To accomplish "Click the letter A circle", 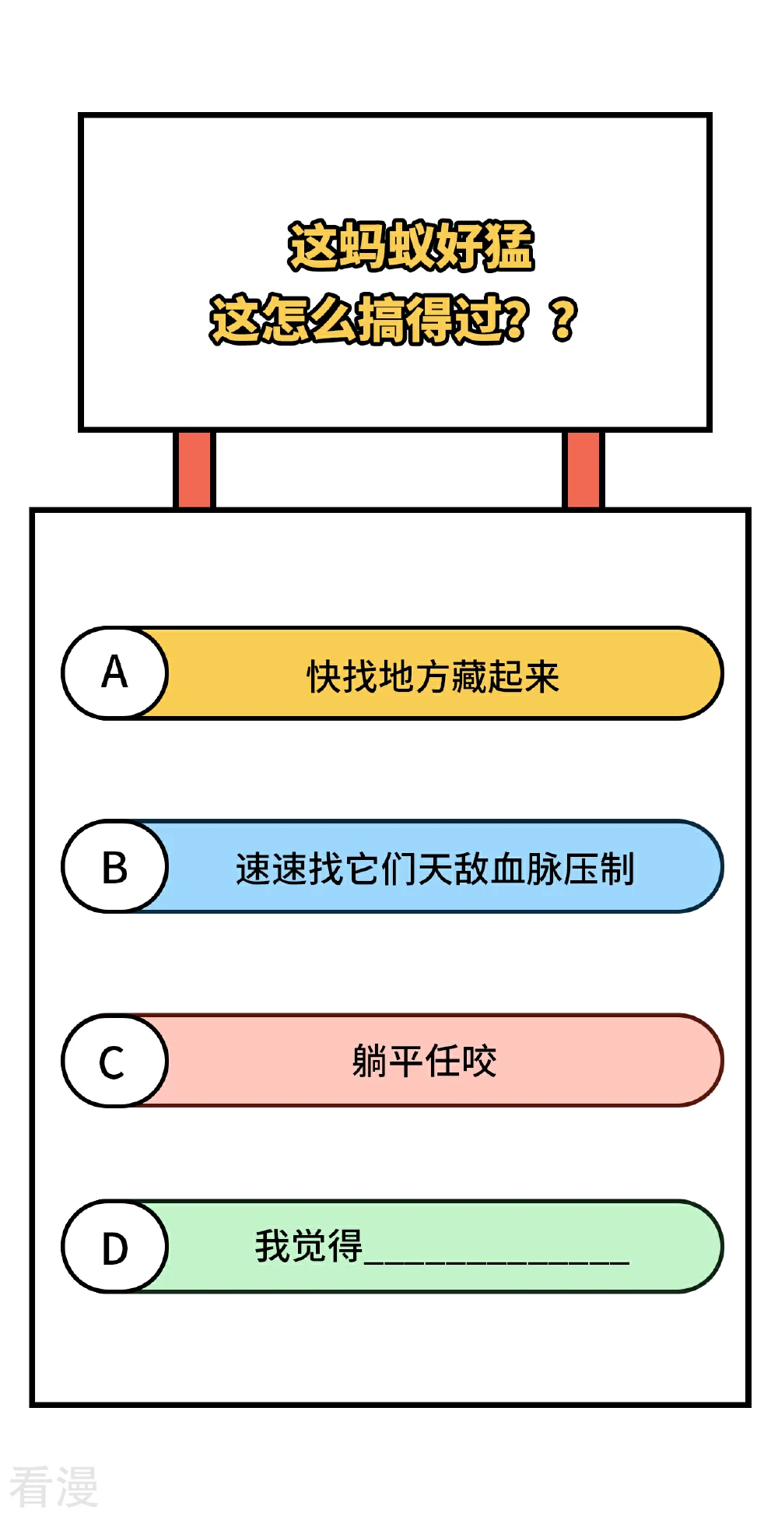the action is [115, 672].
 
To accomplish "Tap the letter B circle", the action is [115, 866].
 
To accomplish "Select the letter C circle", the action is [115, 1060].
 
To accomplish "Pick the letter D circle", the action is [115, 1246].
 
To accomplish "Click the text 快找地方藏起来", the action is [433, 676].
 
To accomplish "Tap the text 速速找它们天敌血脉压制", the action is [436, 869].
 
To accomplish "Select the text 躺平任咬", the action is [425, 1061].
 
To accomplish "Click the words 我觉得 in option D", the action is [309, 1245].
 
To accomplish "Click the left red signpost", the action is [194, 469].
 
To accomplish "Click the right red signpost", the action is [583, 469].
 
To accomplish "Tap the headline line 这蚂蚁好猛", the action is [411, 246].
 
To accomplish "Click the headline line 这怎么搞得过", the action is [367, 319].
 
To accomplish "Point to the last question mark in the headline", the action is [565, 319].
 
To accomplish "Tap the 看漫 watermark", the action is [54, 1487].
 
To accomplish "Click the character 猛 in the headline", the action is [510, 246].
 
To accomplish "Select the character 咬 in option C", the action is [479, 1061].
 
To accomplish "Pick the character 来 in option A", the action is [542, 676].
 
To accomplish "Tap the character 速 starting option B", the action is [254, 869].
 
